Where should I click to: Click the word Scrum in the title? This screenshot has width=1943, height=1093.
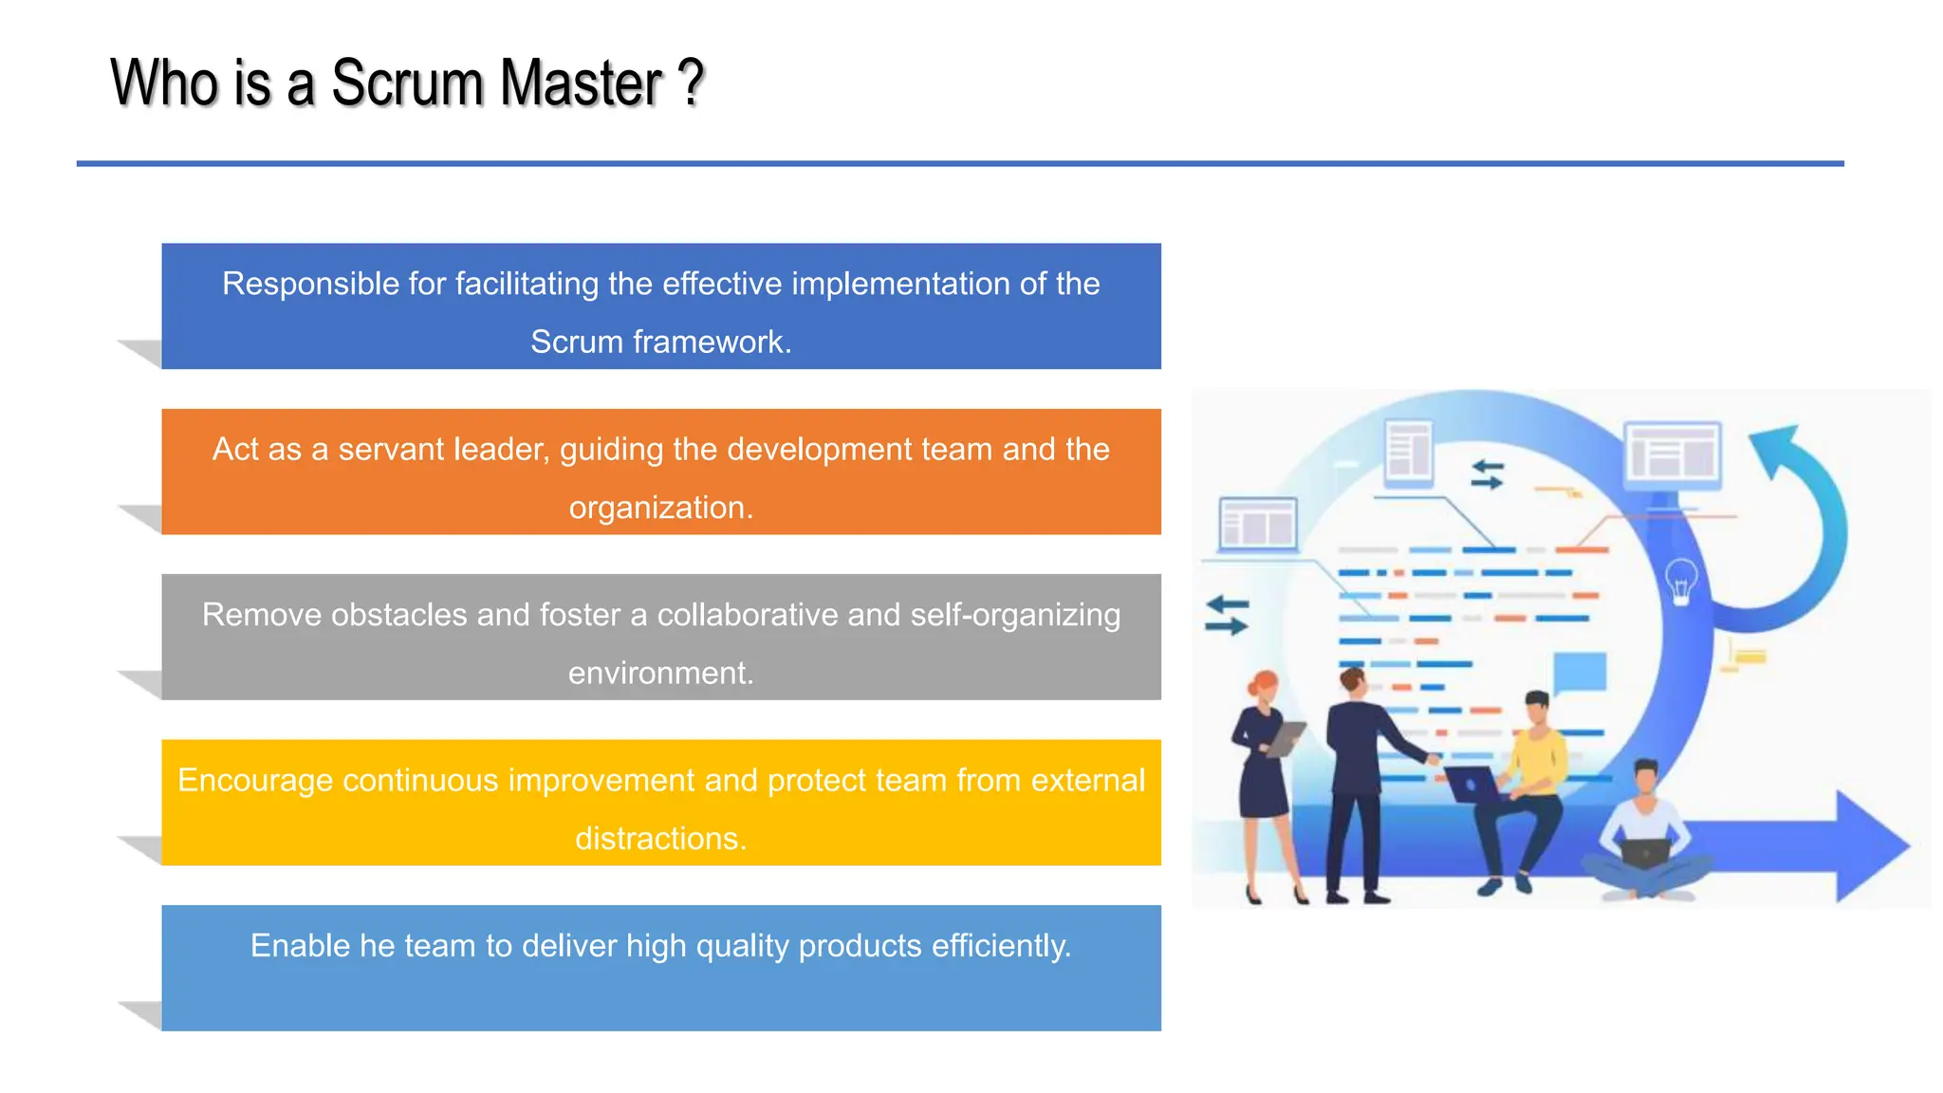coord(407,83)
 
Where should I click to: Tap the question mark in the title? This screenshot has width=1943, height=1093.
coord(692,83)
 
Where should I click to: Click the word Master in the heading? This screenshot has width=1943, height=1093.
coord(581,83)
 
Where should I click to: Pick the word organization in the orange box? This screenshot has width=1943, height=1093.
coord(660,508)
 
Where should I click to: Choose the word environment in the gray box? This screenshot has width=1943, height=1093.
coord(660,673)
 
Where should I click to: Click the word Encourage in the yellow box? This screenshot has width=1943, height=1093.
coord(255,780)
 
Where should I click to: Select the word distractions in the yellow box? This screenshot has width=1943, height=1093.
coord(660,839)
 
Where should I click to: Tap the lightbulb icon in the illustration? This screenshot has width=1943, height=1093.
coord(1681,581)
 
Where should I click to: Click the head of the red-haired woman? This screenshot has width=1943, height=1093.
coord(1264,687)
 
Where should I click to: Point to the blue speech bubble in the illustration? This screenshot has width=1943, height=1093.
coord(1580,673)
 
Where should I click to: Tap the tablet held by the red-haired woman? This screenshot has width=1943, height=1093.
coord(1286,738)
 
